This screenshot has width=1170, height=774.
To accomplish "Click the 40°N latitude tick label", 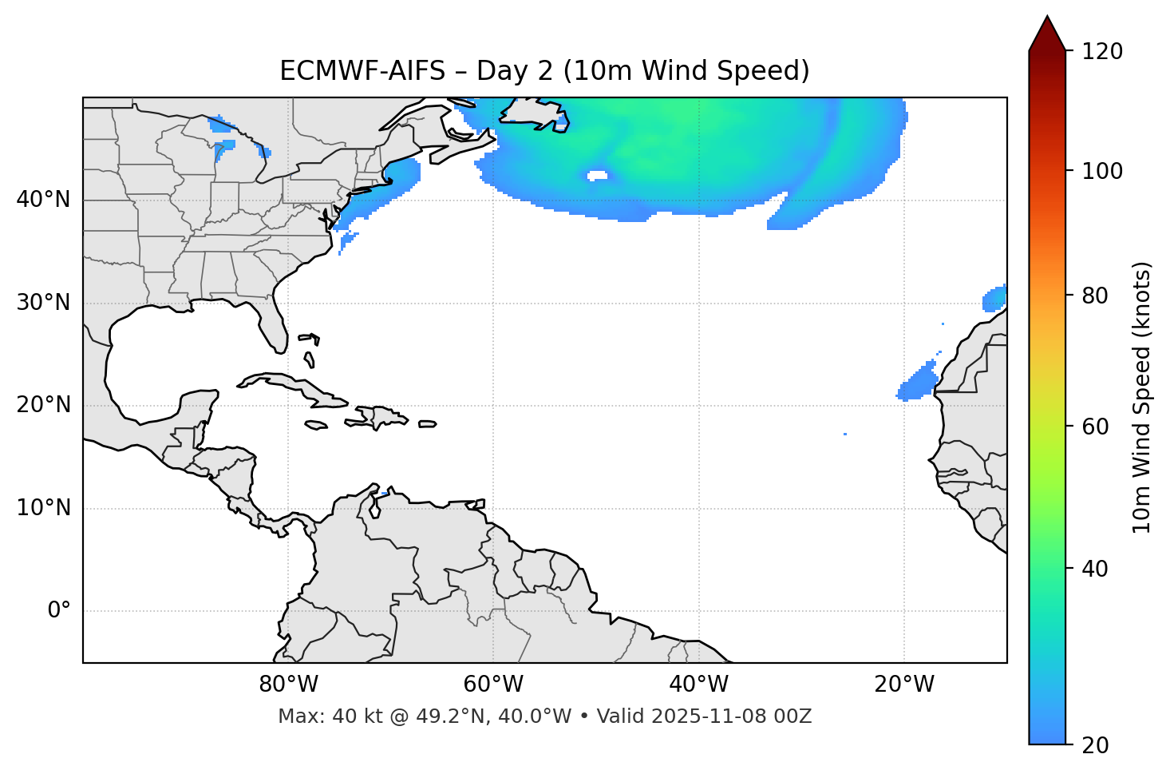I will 43,200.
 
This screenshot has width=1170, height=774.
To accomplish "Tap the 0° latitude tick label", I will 59,611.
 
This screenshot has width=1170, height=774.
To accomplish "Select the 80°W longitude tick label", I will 288,685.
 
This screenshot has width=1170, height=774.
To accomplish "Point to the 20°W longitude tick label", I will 904,685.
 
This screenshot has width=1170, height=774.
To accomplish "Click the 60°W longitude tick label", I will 493,685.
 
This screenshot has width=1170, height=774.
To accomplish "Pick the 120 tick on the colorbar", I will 1102,52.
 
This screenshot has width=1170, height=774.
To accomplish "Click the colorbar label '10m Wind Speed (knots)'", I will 1142,397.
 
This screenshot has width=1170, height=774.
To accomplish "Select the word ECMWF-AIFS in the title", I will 362,71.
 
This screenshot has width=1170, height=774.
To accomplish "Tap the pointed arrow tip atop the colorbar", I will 1047,19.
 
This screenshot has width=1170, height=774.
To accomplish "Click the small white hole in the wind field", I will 597,176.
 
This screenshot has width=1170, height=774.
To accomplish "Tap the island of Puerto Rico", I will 428,424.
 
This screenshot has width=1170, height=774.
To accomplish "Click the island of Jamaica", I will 316,426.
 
